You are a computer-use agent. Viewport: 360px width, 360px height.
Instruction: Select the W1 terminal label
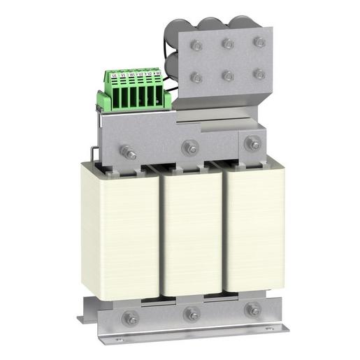pyautogui.click(x=132, y=73)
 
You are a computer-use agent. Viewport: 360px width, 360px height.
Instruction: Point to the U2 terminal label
pyautogui.click(x=141, y=73)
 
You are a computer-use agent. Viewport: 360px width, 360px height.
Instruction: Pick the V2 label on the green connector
pyautogui.click(x=149, y=73)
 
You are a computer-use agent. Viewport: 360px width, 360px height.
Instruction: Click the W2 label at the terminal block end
pyautogui.click(x=158, y=73)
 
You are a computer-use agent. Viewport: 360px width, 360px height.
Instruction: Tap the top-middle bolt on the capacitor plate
pyautogui.click(x=228, y=44)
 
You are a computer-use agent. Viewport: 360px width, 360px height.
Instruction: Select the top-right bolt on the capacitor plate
pyautogui.click(x=259, y=42)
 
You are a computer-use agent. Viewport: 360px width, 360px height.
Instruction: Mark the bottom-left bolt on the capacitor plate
pyautogui.click(x=197, y=78)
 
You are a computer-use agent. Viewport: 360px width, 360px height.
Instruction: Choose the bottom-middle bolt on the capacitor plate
pyautogui.click(x=228, y=75)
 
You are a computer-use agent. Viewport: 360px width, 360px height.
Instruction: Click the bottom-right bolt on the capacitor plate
pyautogui.click(x=259, y=73)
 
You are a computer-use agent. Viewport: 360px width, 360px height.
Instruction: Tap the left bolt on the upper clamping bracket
pyautogui.click(x=129, y=151)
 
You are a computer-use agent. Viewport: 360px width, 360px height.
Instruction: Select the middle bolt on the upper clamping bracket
pyautogui.click(x=189, y=147)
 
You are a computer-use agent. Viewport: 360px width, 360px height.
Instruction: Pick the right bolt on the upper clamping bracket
pyautogui.click(x=252, y=144)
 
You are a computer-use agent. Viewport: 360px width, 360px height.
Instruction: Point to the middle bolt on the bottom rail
pyautogui.click(x=191, y=315)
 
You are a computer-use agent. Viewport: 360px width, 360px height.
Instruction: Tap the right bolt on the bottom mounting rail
pyautogui.click(x=252, y=310)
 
